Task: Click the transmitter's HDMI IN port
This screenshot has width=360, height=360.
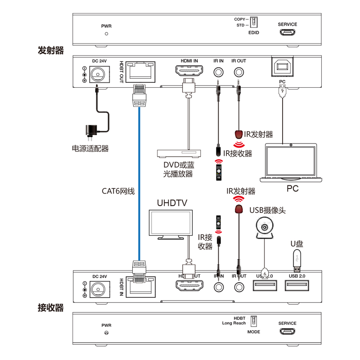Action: click(x=189, y=72)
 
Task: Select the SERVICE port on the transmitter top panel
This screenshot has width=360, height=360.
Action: click(x=287, y=32)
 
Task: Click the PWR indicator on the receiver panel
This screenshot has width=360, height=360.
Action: click(x=106, y=333)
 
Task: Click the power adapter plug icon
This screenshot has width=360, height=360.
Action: click(x=90, y=131)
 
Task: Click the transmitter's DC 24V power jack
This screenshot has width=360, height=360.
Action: click(x=98, y=74)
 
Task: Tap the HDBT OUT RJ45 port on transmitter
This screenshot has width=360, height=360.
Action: click(x=139, y=72)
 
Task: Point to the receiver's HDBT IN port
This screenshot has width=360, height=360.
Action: click(x=139, y=286)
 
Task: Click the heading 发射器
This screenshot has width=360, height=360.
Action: click(x=50, y=50)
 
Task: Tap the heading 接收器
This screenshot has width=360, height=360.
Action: click(x=50, y=308)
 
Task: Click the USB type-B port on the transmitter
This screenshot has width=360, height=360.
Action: click(x=282, y=67)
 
